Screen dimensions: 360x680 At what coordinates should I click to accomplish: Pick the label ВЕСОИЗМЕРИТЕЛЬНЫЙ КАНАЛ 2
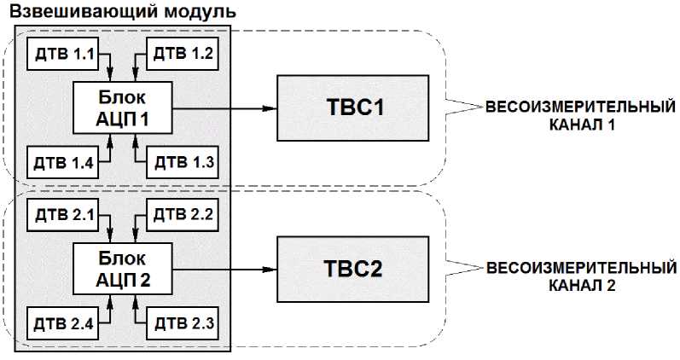click(581, 276)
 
